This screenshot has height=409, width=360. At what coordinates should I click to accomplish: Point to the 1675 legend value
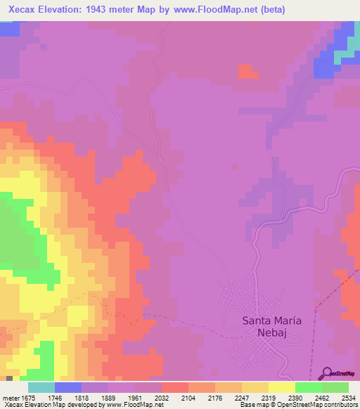[25, 397]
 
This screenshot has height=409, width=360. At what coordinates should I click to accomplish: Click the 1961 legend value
[122, 397]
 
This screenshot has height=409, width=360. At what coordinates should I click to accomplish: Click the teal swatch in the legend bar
[41, 387]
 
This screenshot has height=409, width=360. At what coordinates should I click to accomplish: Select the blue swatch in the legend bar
[68, 387]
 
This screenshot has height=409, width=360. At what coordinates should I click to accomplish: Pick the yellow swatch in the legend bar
[281, 387]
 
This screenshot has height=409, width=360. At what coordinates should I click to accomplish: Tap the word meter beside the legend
[10, 397]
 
